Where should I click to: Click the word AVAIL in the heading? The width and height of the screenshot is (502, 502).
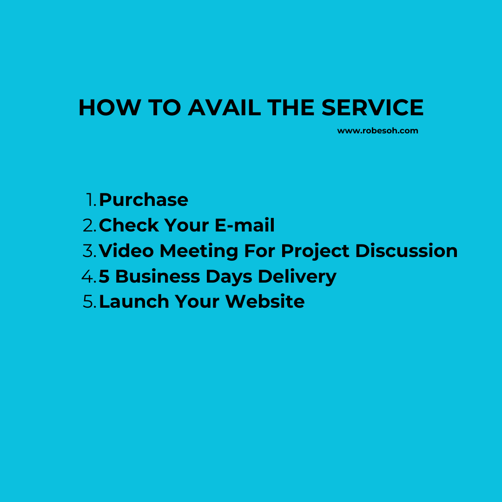click(224, 108)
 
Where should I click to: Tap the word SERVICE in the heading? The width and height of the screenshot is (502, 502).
click(372, 108)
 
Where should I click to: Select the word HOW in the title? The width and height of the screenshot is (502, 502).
click(109, 108)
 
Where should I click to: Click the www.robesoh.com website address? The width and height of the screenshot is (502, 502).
click(377, 131)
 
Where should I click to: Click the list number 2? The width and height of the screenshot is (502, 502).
click(89, 225)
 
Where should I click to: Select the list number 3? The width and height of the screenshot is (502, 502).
click(89, 251)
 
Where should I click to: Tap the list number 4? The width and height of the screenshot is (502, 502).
click(89, 277)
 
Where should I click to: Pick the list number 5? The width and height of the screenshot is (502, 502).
click(89, 302)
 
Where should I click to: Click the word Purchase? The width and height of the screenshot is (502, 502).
click(144, 200)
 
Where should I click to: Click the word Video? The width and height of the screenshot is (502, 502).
click(126, 251)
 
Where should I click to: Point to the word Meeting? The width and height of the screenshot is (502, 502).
click(199, 251)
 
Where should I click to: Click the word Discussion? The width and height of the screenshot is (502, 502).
click(406, 251)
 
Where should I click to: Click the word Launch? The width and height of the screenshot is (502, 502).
click(134, 302)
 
